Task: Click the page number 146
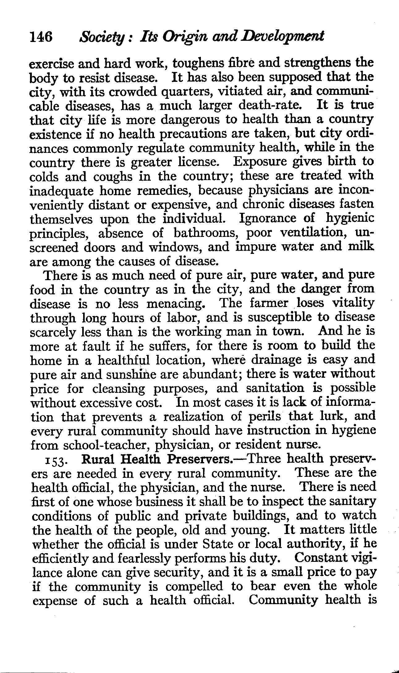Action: point(41,37)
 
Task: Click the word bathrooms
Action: point(205,233)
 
